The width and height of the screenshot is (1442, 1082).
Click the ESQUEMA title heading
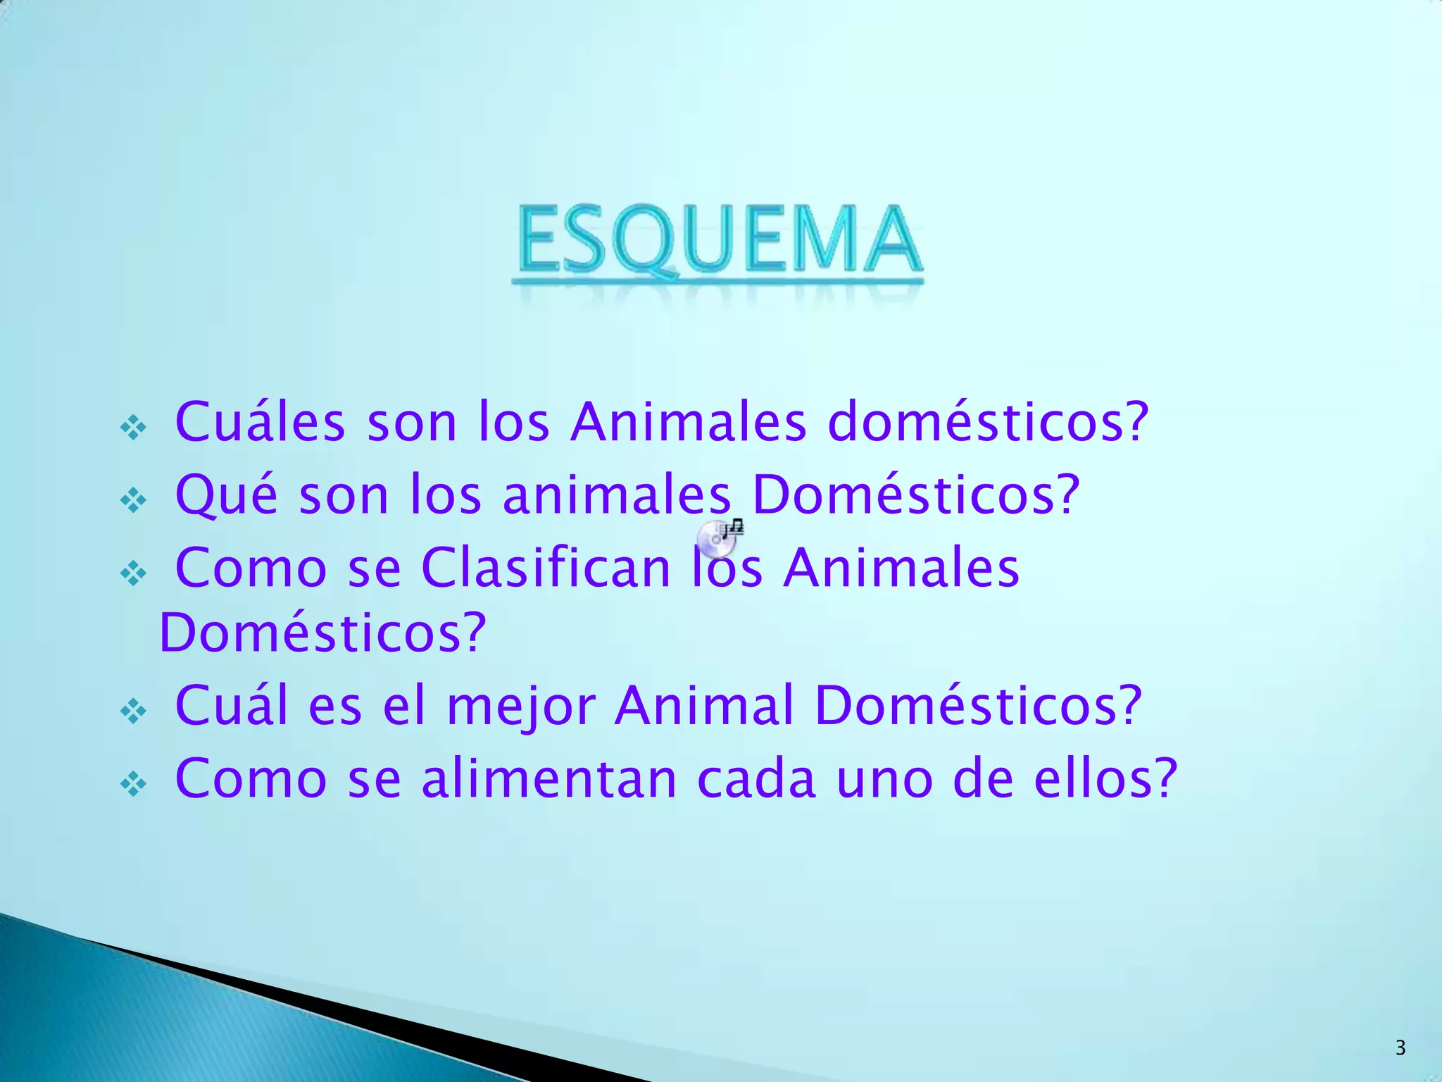point(717,240)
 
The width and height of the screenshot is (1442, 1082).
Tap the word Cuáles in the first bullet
point(260,422)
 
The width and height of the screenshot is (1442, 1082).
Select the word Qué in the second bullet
point(226,495)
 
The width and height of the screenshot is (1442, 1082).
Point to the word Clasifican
point(546,568)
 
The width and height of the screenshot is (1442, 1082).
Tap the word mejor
point(521,706)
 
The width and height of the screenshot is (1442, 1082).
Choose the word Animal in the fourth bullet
point(704,706)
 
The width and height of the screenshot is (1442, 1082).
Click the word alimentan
point(549,779)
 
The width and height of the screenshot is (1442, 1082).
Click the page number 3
point(1400,1048)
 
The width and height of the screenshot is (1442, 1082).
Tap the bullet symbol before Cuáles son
point(133,427)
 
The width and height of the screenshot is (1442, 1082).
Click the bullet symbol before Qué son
point(133,500)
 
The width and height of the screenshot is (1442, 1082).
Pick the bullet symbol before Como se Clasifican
point(133,573)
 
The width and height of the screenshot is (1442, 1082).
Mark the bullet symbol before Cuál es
point(133,711)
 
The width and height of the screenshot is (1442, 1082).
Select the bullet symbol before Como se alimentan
point(133,783)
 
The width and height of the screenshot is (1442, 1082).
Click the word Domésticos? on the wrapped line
point(323,633)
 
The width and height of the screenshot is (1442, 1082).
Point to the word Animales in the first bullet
point(689,422)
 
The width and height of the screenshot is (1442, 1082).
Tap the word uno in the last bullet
point(884,779)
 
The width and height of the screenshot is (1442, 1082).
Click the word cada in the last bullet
point(756,779)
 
